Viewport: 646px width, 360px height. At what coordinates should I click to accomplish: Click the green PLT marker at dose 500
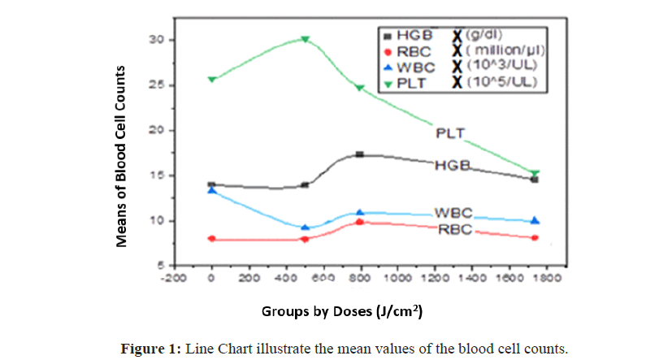click(x=305, y=38)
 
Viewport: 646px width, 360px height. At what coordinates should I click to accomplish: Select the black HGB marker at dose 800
click(x=360, y=154)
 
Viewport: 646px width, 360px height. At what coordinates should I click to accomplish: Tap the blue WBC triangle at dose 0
click(x=212, y=189)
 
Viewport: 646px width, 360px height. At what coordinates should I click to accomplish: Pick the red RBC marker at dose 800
click(x=360, y=221)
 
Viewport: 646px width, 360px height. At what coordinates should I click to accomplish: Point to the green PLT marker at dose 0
click(x=212, y=79)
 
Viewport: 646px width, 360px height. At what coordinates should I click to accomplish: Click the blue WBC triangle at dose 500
click(x=305, y=228)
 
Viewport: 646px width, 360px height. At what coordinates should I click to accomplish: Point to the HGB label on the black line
click(x=453, y=165)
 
